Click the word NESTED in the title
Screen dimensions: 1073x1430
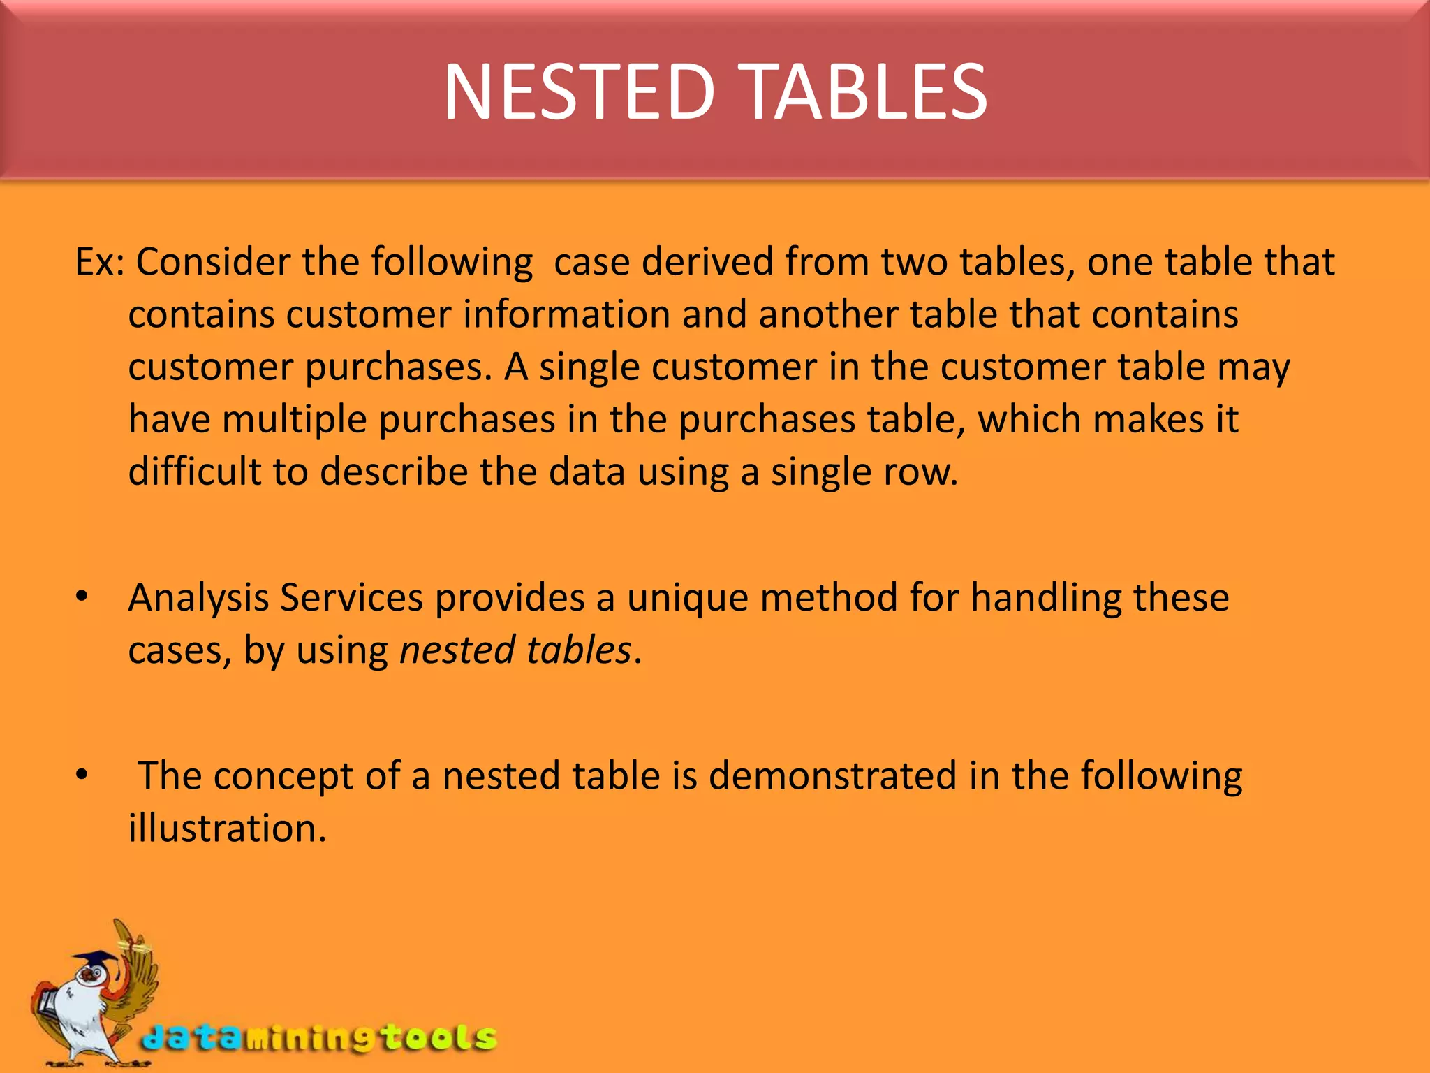(579, 92)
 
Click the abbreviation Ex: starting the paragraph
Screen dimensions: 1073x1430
(99, 262)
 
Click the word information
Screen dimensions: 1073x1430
(566, 314)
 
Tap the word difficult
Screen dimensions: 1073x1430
(194, 472)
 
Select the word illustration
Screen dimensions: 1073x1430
(227, 829)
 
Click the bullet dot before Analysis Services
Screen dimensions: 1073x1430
(82, 596)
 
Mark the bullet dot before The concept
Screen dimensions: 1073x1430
(82, 774)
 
